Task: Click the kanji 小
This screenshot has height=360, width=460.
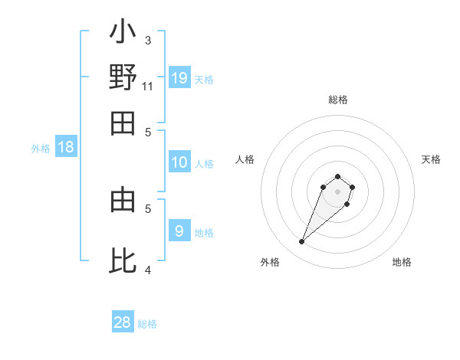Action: tap(123, 34)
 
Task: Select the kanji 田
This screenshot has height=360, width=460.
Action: tap(123, 123)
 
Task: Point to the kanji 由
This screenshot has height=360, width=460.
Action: tap(123, 201)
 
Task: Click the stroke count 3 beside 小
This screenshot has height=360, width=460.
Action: tap(148, 40)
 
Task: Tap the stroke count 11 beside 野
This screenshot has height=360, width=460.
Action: tap(148, 86)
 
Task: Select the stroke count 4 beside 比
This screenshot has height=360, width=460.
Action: tap(148, 270)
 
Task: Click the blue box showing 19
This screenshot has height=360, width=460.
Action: tap(179, 77)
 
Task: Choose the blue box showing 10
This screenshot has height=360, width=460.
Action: tap(179, 162)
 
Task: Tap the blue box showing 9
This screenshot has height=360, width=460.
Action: tap(179, 231)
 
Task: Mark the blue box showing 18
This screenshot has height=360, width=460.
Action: tap(66, 148)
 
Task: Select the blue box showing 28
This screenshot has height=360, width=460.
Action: tap(123, 322)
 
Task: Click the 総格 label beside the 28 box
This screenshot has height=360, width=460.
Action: tap(147, 324)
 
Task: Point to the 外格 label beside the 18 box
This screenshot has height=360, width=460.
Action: tap(41, 149)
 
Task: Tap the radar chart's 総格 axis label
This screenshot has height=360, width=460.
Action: tap(337, 100)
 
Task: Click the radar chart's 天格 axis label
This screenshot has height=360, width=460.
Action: tap(431, 159)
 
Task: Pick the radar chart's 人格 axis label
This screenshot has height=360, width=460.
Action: tap(245, 159)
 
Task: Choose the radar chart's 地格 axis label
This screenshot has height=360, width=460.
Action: tap(402, 262)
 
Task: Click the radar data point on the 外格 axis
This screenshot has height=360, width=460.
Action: tap(302, 242)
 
